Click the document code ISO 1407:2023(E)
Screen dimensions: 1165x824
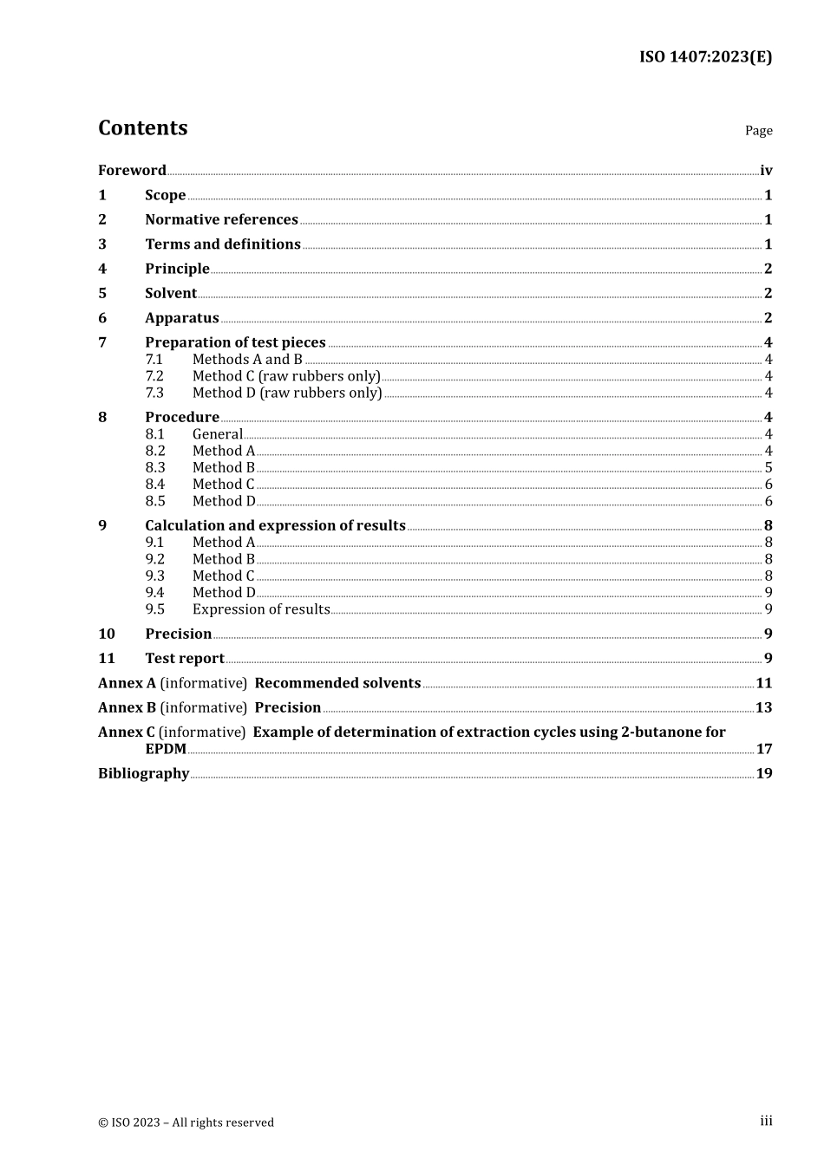(705, 57)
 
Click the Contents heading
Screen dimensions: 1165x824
(142, 128)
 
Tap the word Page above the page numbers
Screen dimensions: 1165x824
(758, 131)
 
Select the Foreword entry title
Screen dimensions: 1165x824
(132, 171)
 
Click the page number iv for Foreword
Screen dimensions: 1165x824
(766, 171)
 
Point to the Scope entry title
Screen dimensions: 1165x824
(165, 195)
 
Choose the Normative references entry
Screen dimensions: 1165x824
(221, 220)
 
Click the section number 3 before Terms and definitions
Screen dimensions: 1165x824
(102, 244)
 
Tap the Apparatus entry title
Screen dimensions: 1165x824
(181, 318)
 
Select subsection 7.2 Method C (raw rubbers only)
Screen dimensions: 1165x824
(286, 376)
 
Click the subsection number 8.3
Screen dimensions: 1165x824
(155, 468)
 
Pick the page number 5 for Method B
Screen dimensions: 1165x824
(768, 468)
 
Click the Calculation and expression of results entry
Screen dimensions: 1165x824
(275, 526)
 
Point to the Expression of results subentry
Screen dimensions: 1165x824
(261, 609)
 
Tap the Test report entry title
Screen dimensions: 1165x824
(184, 659)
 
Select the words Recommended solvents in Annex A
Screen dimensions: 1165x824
(337, 684)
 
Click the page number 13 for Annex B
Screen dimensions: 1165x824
(763, 708)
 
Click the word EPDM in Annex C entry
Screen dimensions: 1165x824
(166, 749)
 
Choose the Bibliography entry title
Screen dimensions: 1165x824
(143, 774)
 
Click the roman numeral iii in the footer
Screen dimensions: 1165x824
(766, 1122)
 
